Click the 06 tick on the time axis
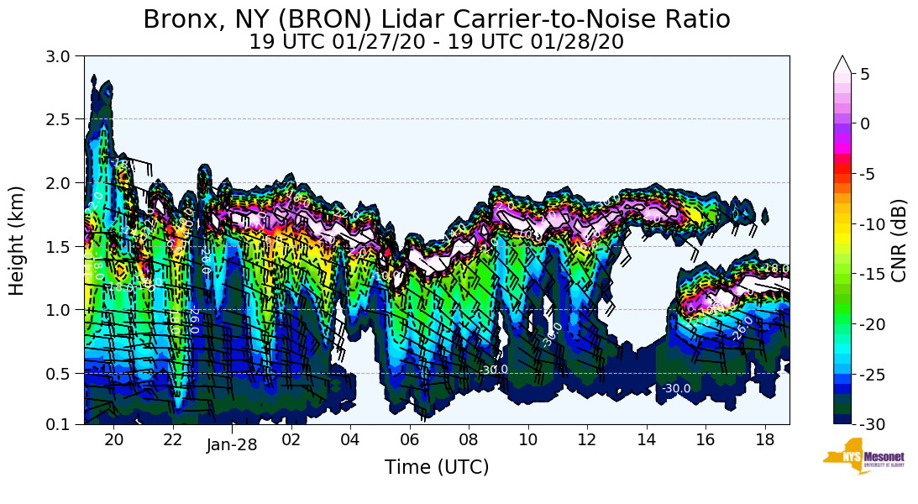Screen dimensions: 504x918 pyautogui.click(x=410, y=439)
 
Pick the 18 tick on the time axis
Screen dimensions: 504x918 pyautogui.click(x=764, y=439)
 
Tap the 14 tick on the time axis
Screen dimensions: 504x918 pyautogui.click(x=647, y=439)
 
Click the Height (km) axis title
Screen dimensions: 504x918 pyautogui.click(x=18, y=240)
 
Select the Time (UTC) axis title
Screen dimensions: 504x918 pyautogui.click(x=437, y=468)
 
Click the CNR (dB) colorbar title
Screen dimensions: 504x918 pyautogui.click(x=900, y=241)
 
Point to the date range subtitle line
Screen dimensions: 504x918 pyautogui.click(x=437, y=42)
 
